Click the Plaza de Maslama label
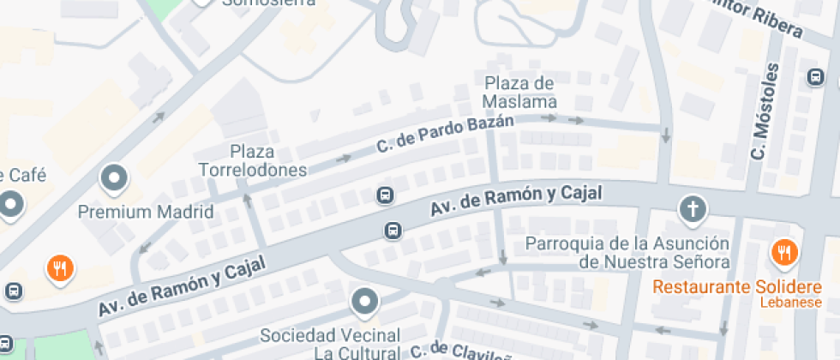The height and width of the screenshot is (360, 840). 519,93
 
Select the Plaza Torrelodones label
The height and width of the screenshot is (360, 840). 252,160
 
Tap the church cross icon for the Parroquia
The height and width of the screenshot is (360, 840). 692,208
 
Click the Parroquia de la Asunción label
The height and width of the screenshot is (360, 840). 627,252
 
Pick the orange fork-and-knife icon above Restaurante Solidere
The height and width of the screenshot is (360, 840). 783,252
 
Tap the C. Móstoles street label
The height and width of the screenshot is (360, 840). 763,112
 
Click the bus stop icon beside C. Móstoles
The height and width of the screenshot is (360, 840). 816,78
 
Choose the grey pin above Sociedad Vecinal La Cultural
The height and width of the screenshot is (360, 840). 366,302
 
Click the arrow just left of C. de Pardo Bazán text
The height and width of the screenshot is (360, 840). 344,159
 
